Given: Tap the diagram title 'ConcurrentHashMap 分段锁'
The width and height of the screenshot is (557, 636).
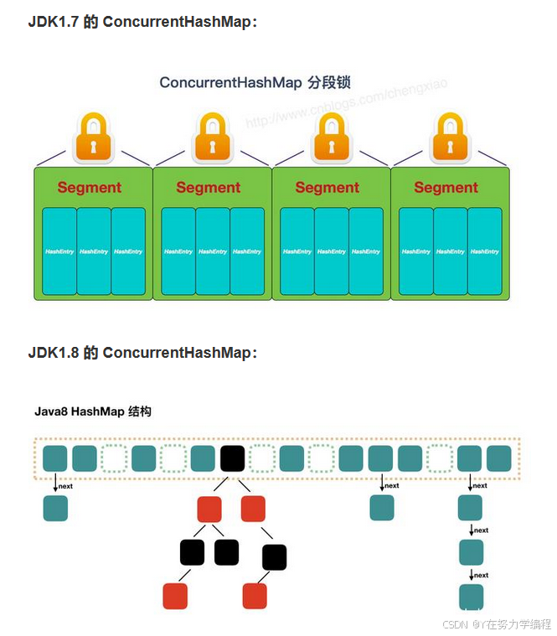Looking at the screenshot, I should coord(255,82).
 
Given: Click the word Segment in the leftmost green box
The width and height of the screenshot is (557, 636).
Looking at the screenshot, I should coord(90,188).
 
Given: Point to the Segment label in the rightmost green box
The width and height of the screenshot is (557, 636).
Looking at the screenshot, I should coord(446,188).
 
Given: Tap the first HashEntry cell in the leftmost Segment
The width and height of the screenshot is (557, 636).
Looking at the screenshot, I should coord(59,251).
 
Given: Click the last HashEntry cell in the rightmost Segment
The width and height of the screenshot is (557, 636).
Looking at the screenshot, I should coord(485,251).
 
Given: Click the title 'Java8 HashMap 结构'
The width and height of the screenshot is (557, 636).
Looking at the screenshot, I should coord(93,411).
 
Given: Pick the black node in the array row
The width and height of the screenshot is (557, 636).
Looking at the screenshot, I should coord(232,458).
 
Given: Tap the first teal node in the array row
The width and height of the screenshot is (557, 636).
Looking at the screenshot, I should coord(55,458).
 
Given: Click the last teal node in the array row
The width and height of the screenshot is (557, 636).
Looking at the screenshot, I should coord(499,458).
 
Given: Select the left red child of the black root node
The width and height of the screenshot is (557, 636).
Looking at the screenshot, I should coord(209,509).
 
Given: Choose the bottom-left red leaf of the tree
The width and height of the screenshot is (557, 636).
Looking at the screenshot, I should coord(175,596).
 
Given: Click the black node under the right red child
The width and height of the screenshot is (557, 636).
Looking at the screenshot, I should coord(274,557).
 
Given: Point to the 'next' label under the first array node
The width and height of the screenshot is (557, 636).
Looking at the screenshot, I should coord(66,486).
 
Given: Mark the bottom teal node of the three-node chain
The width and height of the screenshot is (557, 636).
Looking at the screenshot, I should coord(471,596).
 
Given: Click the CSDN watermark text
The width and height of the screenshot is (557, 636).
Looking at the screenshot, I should coord(496,623).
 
